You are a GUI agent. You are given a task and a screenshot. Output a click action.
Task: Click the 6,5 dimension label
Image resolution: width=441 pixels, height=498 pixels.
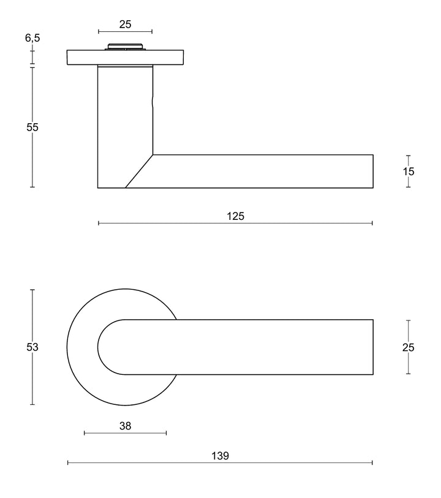32,38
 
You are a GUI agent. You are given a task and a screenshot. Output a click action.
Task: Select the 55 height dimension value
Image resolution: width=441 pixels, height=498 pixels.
32,127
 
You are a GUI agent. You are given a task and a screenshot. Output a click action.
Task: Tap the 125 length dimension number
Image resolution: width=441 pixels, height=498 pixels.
236,216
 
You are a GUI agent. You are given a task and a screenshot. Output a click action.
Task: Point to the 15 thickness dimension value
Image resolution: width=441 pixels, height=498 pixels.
409,172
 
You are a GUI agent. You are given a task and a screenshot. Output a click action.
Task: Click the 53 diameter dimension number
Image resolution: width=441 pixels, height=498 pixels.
32,347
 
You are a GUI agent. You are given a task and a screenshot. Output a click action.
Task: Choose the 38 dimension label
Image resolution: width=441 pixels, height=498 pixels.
125,425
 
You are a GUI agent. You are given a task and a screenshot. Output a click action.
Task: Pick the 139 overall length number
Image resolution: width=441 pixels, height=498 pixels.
220,455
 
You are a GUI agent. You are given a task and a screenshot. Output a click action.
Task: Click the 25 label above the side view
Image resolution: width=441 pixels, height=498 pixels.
125,25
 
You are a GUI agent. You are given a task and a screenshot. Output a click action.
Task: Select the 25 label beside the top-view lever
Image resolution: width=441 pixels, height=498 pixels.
409,347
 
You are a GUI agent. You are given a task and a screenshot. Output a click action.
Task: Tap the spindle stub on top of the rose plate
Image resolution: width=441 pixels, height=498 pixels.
126,46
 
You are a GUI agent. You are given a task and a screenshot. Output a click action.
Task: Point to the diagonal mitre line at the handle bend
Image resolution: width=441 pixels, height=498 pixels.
139,171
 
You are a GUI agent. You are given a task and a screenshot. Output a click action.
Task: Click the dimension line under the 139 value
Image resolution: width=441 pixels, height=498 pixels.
220,463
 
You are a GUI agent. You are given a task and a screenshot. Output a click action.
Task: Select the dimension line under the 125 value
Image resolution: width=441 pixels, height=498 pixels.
236,224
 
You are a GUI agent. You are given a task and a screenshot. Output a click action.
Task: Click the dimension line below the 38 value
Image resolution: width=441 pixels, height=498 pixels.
125,434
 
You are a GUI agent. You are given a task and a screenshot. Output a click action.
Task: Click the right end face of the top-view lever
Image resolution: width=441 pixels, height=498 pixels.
373,347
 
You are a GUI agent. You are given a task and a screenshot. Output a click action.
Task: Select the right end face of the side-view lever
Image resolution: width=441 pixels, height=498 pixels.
373,172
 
